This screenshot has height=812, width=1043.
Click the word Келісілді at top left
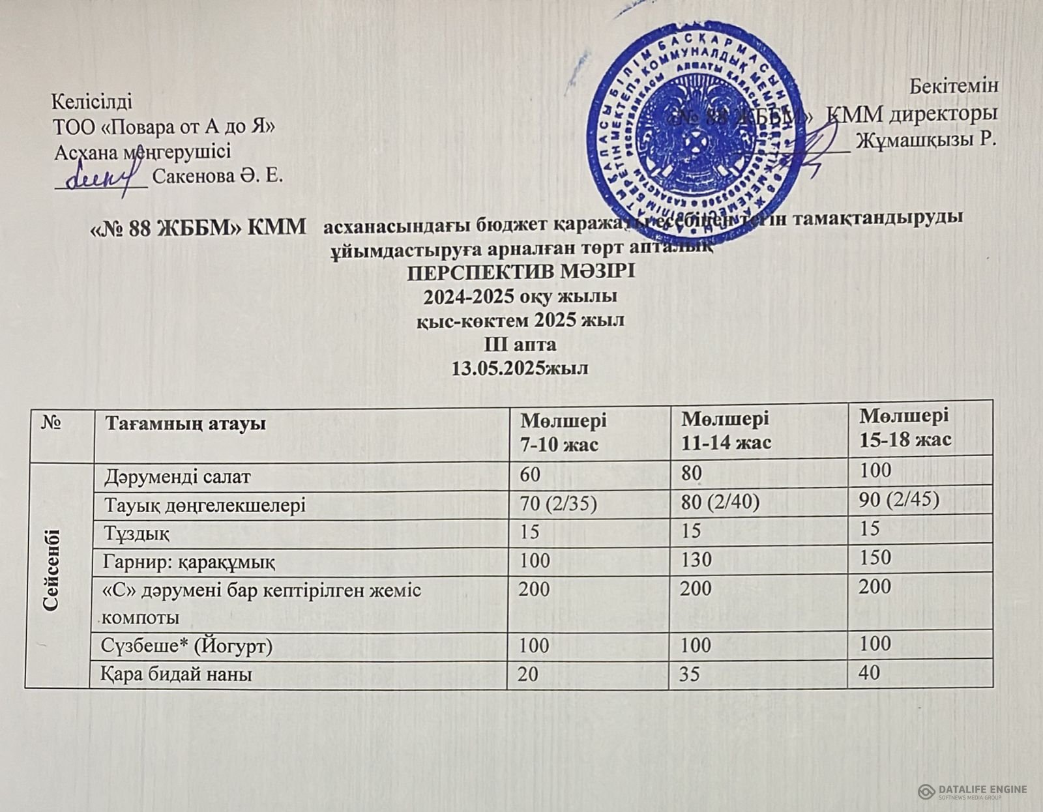[x=91, y=102]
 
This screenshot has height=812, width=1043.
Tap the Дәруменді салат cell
[x=177, y=476]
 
